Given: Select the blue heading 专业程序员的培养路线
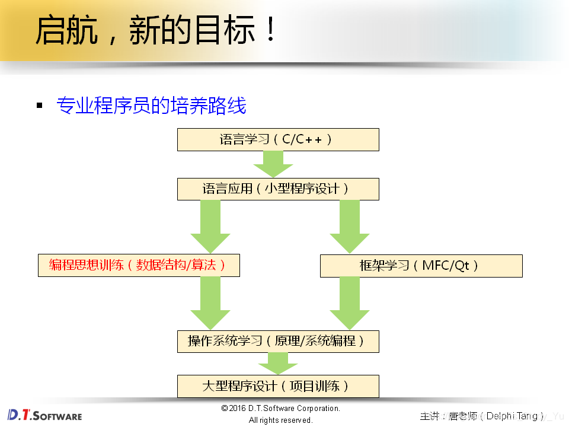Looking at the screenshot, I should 151,106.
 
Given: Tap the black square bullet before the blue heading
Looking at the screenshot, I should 40,106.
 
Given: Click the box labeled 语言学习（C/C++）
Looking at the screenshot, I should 278,140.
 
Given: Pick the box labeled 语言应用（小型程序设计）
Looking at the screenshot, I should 278,189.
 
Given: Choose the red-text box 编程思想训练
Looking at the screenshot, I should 138,266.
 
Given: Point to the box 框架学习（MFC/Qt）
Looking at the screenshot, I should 421,266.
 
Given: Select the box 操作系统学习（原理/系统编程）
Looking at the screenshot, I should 278,341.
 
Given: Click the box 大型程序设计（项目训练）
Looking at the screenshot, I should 278,386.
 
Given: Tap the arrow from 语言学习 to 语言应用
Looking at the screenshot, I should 273,163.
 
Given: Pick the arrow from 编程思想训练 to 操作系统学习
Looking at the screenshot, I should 210,302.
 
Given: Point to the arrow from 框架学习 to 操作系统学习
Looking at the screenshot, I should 350,302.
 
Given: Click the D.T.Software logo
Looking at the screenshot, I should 44,415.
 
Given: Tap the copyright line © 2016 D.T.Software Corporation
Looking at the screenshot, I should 280,409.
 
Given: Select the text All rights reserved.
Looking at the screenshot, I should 280,420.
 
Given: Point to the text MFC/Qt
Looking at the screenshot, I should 445,266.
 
